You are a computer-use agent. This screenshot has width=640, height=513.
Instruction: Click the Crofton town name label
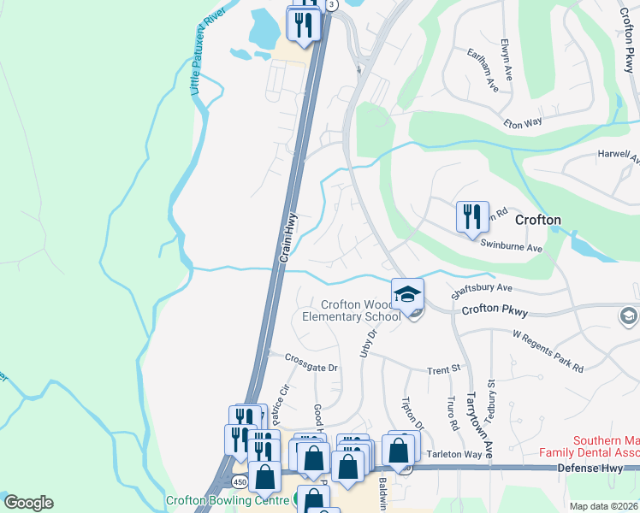538,220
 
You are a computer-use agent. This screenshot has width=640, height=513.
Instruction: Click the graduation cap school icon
408,295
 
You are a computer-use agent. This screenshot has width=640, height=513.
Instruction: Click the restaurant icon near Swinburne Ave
471,218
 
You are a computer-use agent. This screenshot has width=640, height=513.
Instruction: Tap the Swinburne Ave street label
512,247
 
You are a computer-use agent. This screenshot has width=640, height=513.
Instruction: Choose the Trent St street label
444,369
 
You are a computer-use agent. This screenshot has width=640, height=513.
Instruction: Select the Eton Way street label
522,123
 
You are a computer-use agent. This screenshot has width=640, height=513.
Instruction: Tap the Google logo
28,503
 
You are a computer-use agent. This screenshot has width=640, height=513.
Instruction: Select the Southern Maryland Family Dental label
589,444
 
